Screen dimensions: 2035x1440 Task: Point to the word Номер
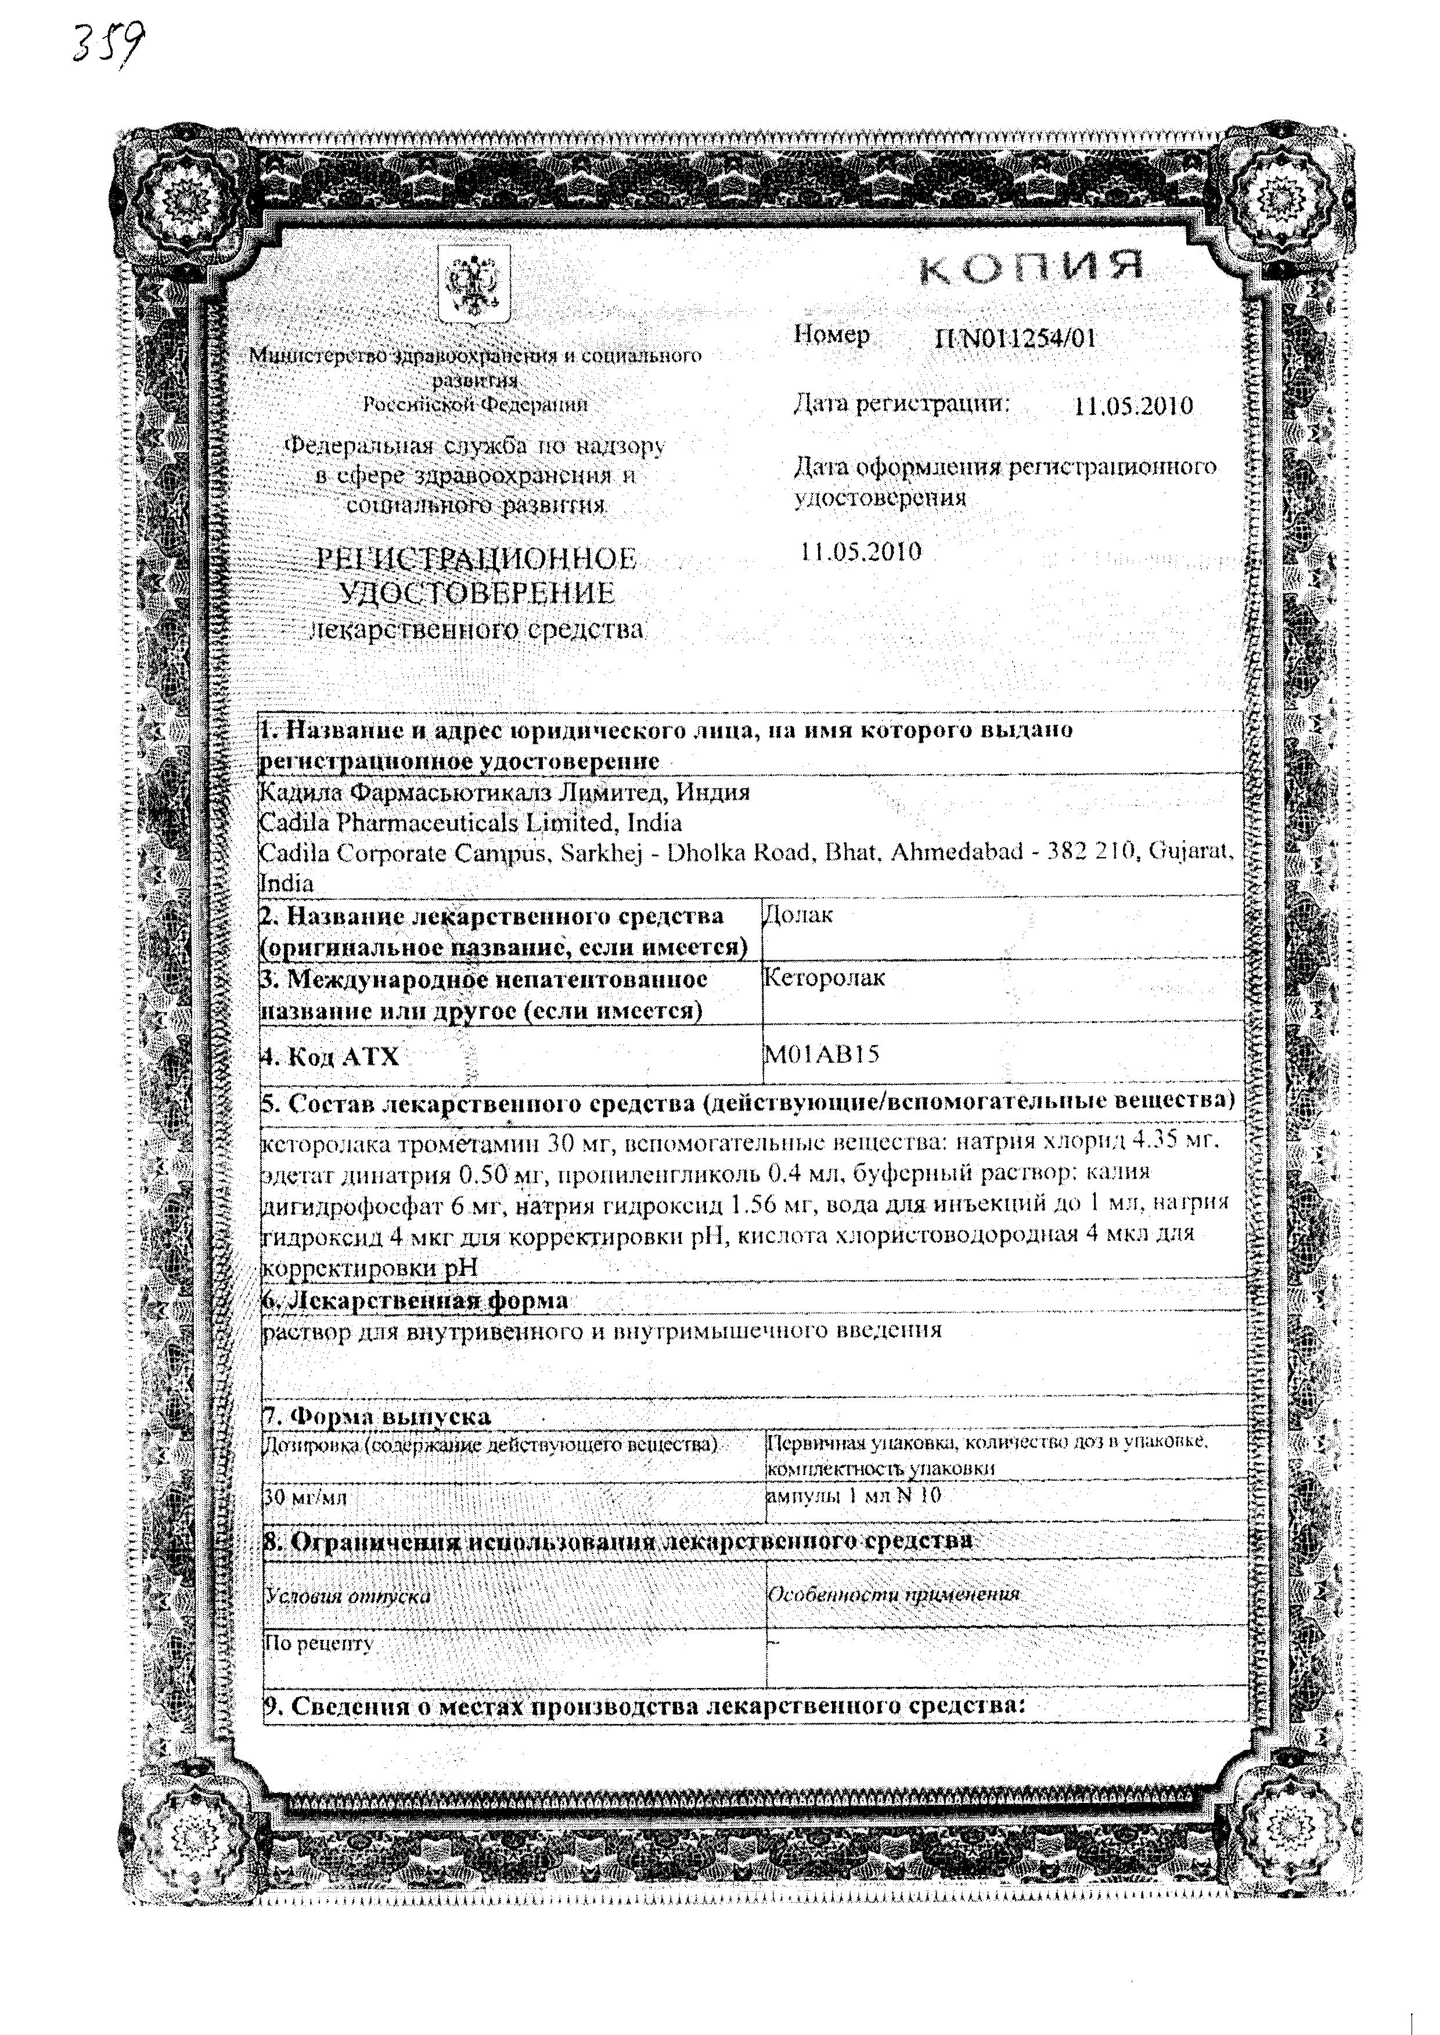(x=831, y=335)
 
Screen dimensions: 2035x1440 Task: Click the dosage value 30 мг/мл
(x=307, y=1497)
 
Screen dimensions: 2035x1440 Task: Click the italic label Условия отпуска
(x=348, y=1595)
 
